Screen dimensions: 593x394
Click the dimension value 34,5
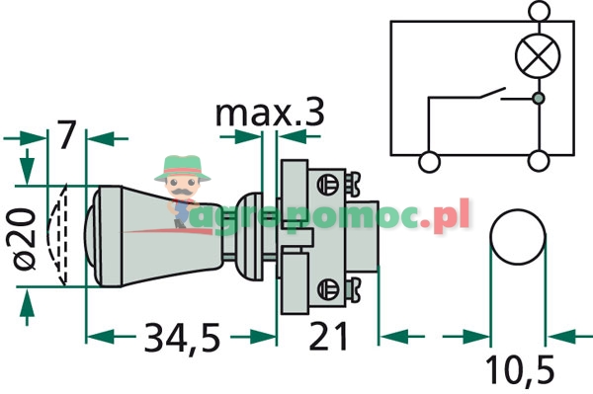click(x=182, y=338)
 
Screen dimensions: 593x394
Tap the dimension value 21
click(x=328, y=336)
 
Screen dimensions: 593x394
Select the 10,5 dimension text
click(x=520, y=370)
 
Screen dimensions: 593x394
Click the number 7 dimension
click(x=66, y=134)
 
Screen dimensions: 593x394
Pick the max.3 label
click(x=270, y=113)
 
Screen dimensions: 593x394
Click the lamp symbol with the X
click(x=538, y=56)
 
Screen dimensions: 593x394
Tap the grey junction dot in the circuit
click(x=538, y=98)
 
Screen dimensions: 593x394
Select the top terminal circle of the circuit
click(x=540, y=11)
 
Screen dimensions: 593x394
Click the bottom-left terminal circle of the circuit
click(x=430, y=162)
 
